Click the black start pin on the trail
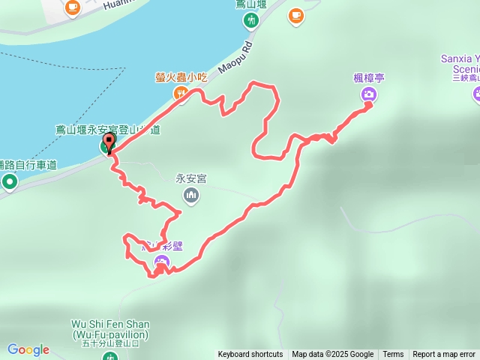click(109, 142)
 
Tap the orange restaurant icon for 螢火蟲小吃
click(181, 93)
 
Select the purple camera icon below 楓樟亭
click(368, 94)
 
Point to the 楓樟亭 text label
click(368, 77)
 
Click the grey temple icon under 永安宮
click(192, 196)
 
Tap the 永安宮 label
click(191, 179)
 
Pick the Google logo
click(28, 349)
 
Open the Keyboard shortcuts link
click(250, 355)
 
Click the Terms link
click(393, 355)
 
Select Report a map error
click(444, 355)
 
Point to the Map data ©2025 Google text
click(332, 355)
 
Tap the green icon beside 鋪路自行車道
click(10, 181)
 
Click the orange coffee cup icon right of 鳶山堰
click(295, 15)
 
